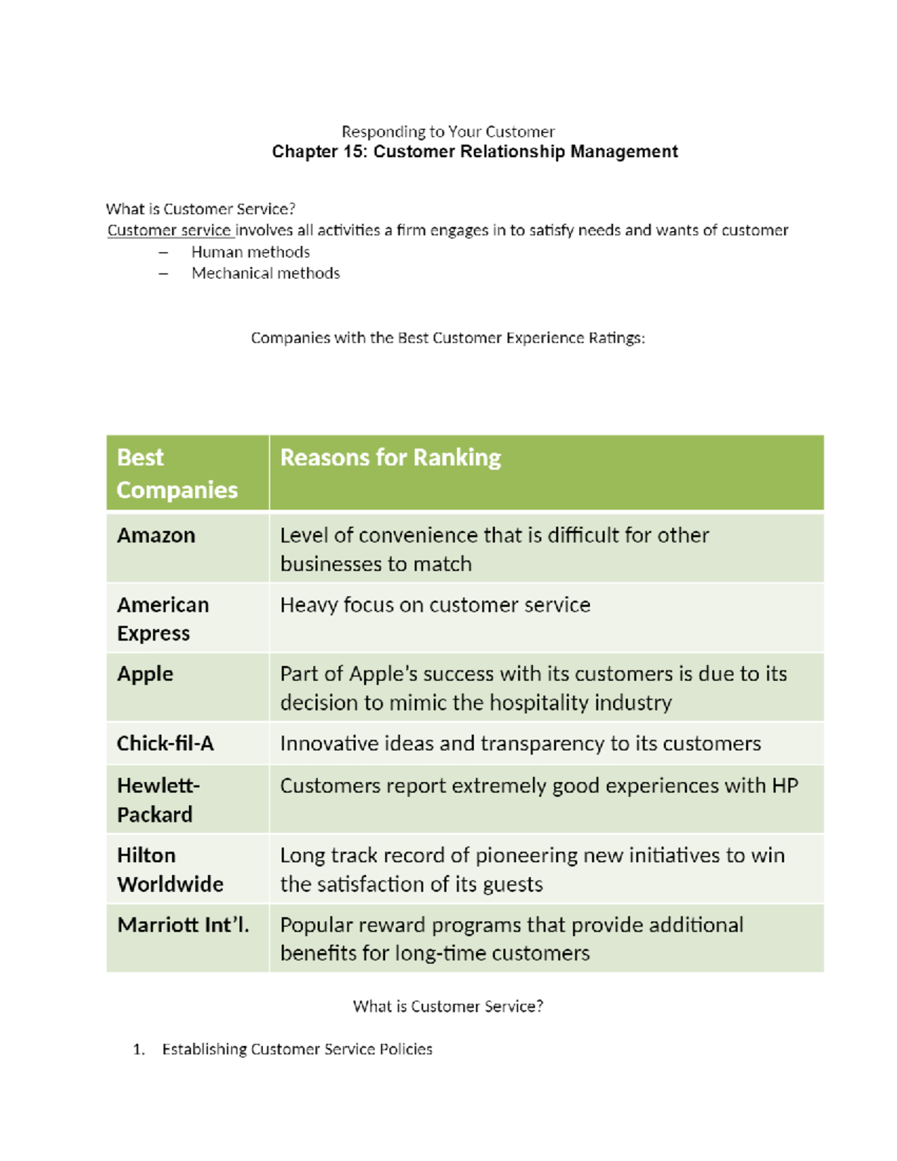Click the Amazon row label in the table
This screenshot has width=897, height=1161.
pos(156,535)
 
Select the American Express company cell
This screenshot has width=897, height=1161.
pos(163,618)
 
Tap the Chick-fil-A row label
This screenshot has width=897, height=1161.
pos(165,743)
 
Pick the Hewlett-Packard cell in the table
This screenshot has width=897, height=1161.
pos(158,799)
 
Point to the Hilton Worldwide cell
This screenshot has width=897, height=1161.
pos(170,869)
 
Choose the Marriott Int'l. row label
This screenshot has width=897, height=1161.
pos(183,925)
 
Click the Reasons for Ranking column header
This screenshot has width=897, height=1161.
pos(390,458)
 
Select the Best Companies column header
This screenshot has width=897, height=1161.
pos(177,473)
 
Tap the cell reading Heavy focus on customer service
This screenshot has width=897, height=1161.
pos(435,605)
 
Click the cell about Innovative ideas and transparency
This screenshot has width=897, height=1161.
pos(520,743)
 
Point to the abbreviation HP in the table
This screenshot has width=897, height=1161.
pos(785,786)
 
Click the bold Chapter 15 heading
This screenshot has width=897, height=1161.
pos(475,152)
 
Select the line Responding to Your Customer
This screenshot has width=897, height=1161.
pos(448,132)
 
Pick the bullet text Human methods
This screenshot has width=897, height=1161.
pos(250,252)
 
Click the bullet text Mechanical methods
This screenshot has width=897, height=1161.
pos(265,273)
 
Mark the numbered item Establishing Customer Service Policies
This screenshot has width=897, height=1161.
pos(297,1049)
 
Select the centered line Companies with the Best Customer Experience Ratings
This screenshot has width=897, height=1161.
pos(448,338)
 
